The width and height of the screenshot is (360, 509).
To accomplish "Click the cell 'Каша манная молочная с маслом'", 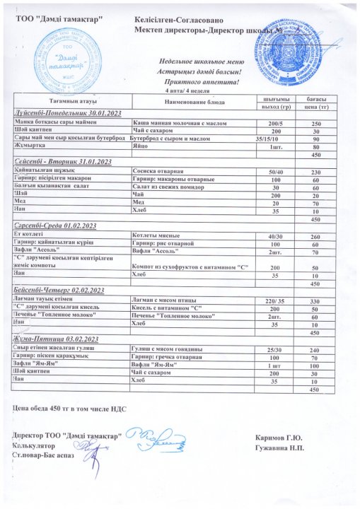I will tap(175, 123).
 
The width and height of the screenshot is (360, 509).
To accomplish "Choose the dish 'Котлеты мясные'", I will tap(157, 235).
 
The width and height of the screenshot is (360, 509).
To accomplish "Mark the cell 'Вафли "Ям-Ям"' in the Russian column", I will tap(155, 365).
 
